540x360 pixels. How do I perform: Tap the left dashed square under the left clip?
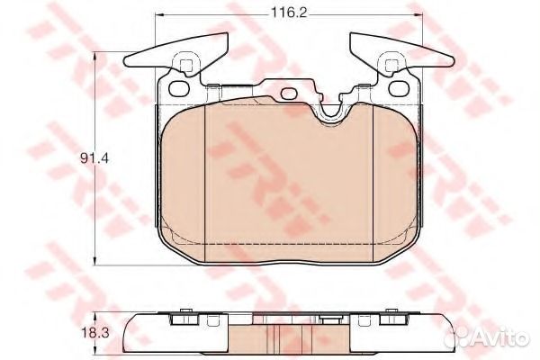pos(187,66)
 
